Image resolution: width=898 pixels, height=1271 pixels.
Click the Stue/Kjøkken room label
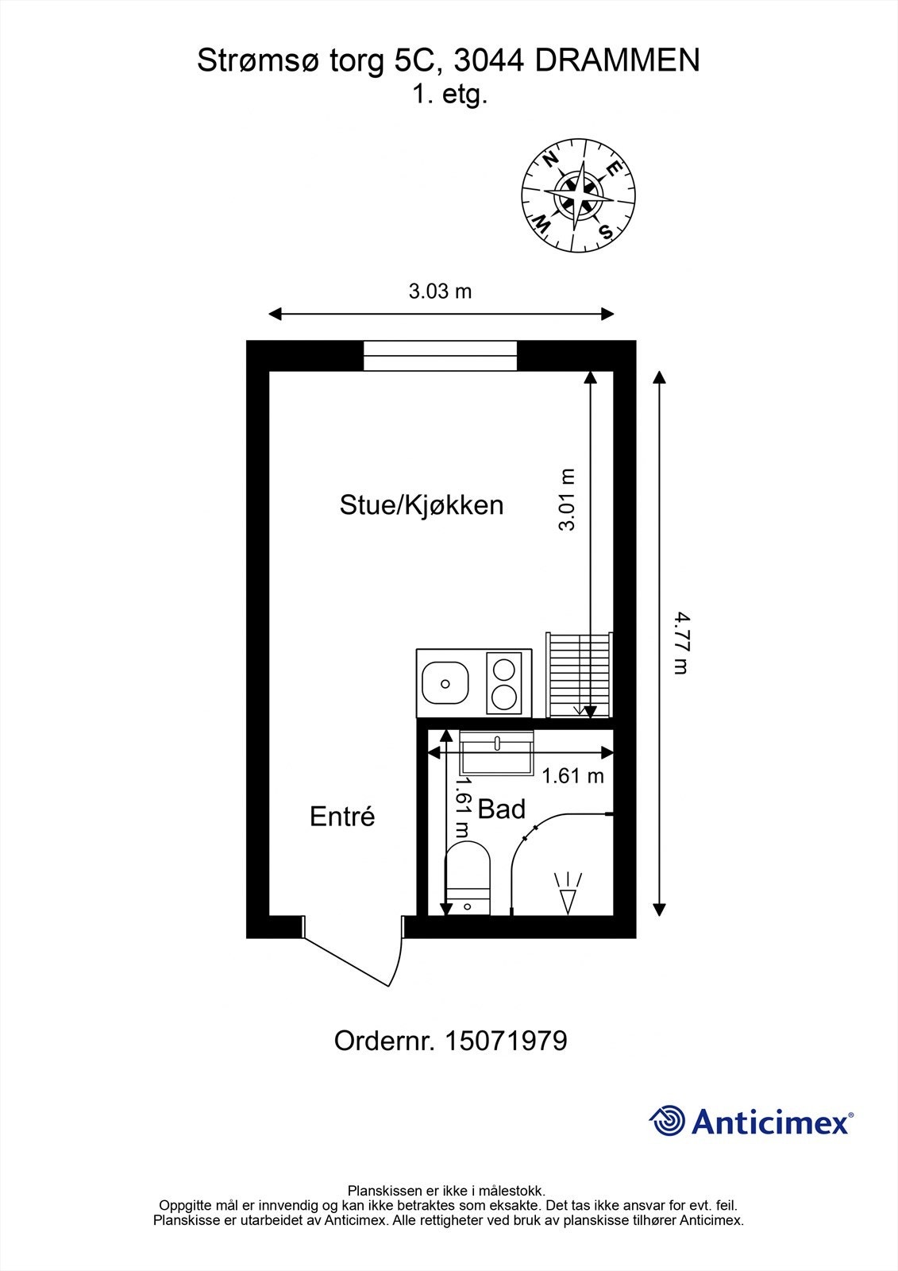click(x=422, y=505)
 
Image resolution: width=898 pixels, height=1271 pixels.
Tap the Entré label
click(x=342, y=817)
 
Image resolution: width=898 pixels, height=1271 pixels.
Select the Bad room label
click(x=502, y=809)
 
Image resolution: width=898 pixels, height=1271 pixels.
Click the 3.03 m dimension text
click(x=440, y=292)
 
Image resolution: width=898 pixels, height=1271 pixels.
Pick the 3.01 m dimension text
click(x=567, y=500)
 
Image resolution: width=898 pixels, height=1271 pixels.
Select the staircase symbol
click(x=579, y=675)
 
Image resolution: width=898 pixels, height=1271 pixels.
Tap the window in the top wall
click(x=441, y=356)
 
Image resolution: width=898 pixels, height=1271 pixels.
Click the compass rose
click(x=579, y=195)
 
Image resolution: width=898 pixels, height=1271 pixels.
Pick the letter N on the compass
click(x=549, y=159)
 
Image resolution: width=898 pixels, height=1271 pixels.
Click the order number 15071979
click(x=505, y=1041)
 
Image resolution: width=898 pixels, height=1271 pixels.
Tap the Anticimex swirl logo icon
click(x=667, y=1121)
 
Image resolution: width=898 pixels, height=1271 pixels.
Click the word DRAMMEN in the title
click(x=617, y=61)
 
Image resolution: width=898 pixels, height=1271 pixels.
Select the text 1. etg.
click(x=449, y=95)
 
